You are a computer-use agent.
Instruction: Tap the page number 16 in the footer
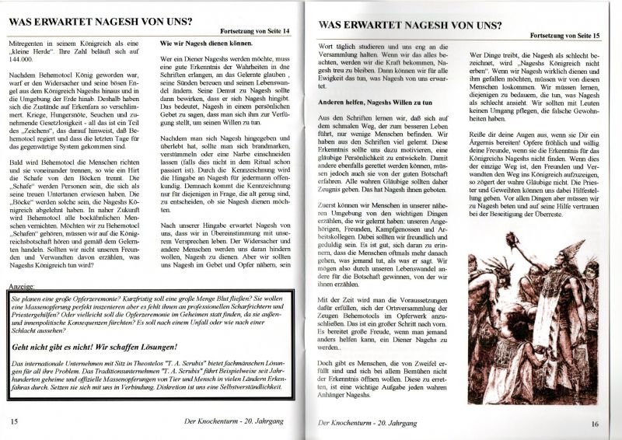(592, 423)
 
